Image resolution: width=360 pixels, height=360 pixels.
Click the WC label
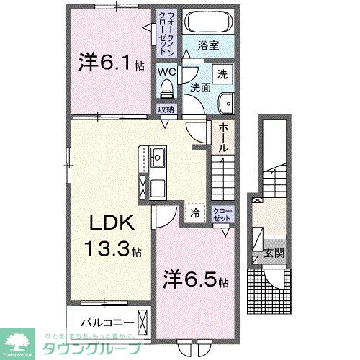point(168,72)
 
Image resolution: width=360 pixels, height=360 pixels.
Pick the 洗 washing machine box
point(222,75)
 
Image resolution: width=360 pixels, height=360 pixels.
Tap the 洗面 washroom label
point(200,87)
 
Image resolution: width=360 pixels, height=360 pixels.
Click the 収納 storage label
point(167,109)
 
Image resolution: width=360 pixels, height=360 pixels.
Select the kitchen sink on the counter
point(157,156)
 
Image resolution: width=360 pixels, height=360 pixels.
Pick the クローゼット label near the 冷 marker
point(222,214)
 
